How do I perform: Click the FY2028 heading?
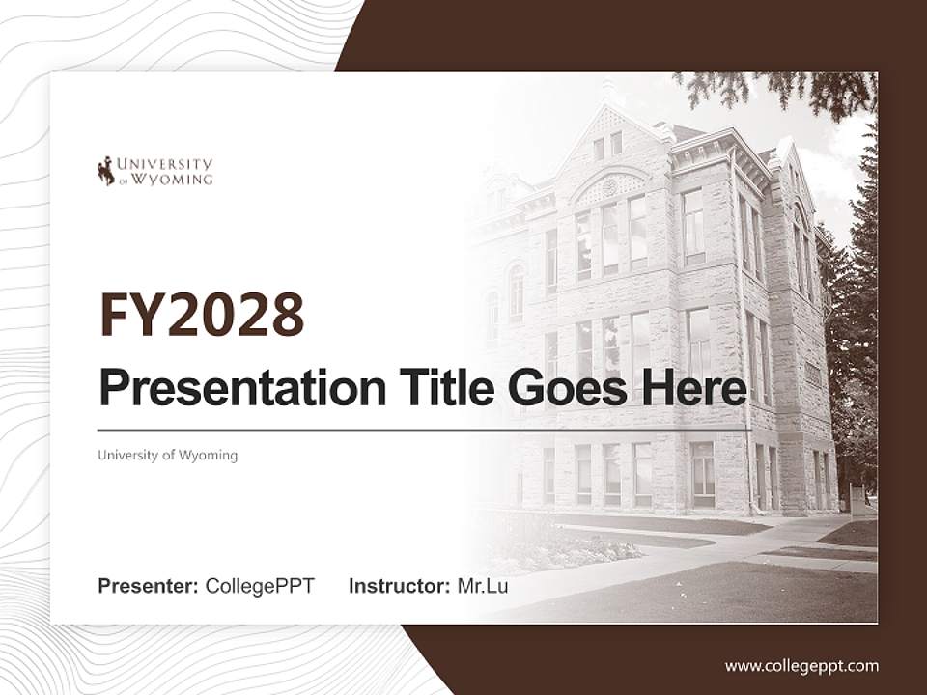pos(201,315)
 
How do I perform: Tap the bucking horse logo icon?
pos(105,171)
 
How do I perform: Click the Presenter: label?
pos(148,586)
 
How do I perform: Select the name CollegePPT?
pos(260,586)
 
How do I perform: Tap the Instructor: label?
pos(399,586)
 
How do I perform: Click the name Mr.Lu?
pos(483,586)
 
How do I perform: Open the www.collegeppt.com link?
pos(801,665)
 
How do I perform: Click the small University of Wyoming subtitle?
pos(167,455)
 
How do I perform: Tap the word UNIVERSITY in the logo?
pos(165,164)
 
